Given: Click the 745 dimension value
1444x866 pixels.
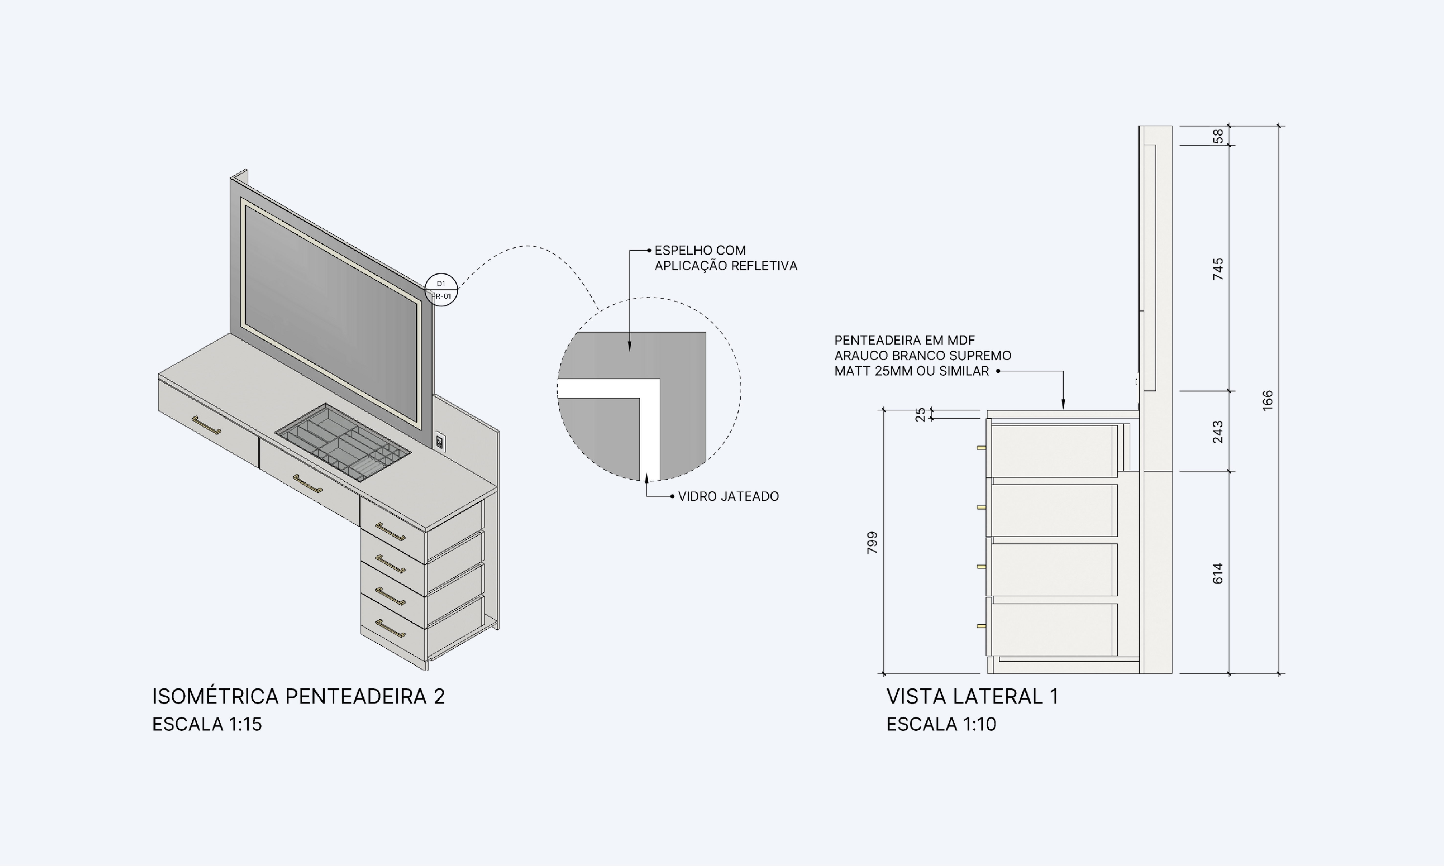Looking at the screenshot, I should [1218, 269].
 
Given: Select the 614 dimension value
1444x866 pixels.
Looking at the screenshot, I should [1218, 573].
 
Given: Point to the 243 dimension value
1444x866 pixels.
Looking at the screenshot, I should [1218, 432].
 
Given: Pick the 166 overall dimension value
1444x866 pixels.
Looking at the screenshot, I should [1267, 400].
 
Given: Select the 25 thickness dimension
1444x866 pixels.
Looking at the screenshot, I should [920, 414].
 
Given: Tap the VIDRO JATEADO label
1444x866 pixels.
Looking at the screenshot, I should [728, 497].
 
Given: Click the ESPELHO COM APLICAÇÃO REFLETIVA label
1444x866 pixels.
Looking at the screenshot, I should [725, 258].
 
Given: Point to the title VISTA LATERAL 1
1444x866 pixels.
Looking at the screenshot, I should [972, 696].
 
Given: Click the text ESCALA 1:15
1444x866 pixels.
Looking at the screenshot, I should [207, 724].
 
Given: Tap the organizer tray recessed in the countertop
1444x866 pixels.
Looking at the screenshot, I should [343, 442].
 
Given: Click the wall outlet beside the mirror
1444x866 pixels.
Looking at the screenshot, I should [440, 441].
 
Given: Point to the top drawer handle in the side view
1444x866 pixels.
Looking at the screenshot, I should [981, 448].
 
